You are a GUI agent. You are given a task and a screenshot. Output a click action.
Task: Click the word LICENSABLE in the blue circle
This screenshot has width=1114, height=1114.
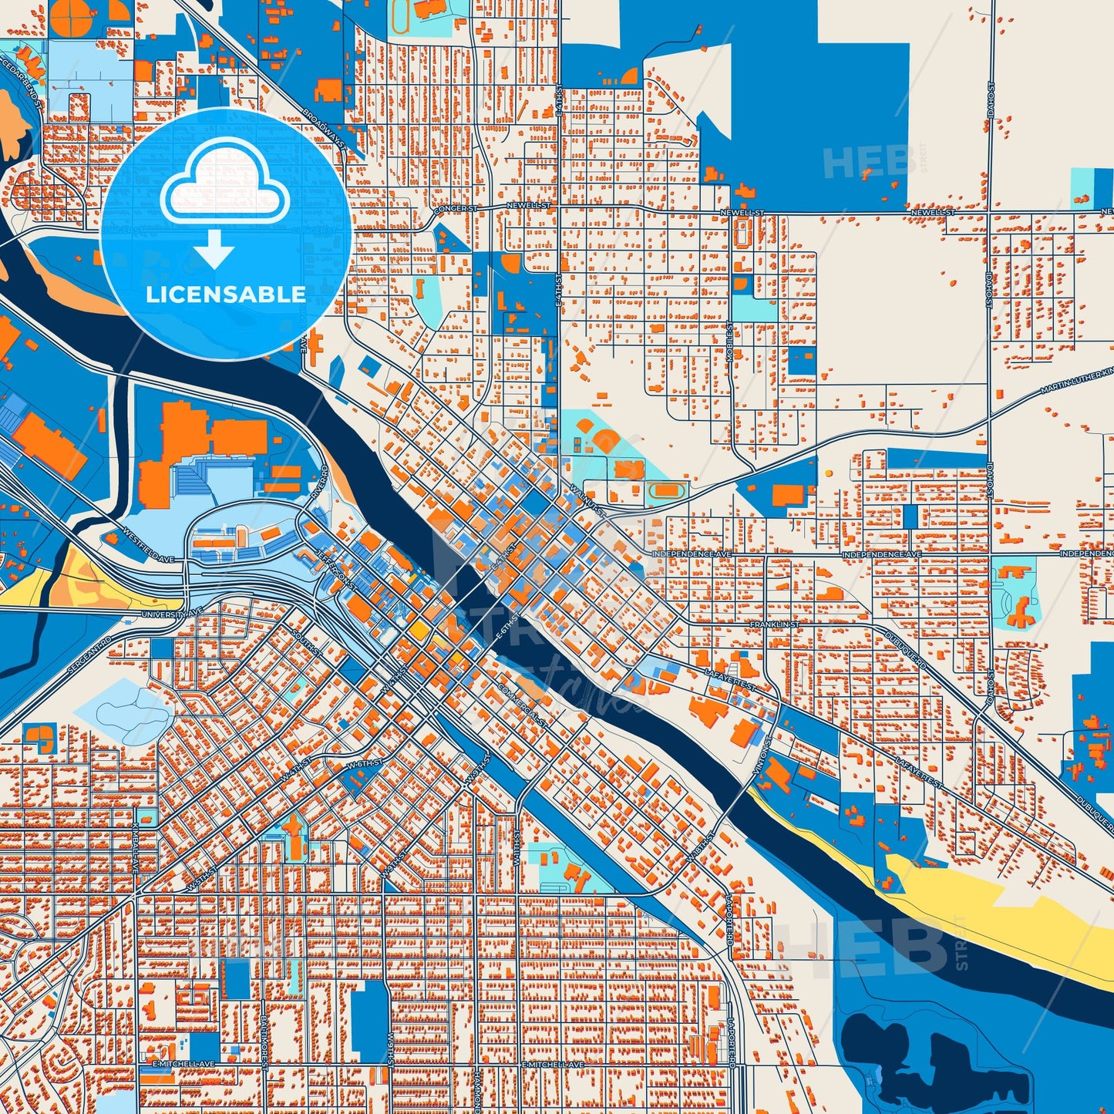pyautogui.click(x=226, y=294)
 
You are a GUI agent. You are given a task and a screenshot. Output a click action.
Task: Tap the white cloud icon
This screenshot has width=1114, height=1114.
pyautogui.click(x=224, y=190)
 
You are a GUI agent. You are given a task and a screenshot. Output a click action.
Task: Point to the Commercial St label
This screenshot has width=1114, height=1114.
pyautogui.click(x=523, y=705)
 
